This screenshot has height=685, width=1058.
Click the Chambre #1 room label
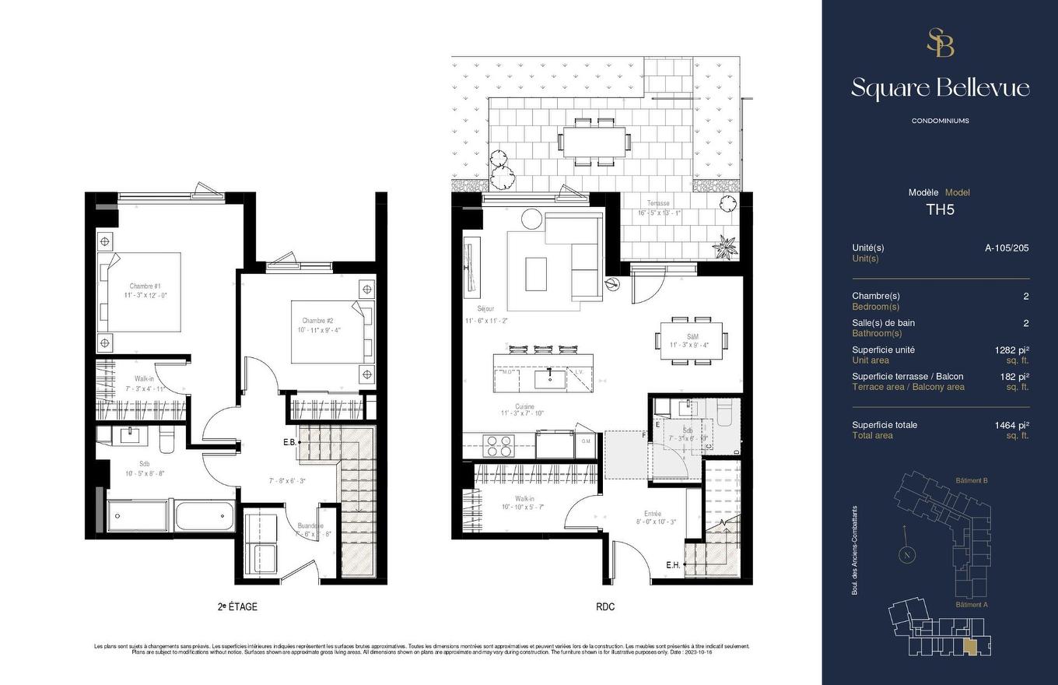click(x=145, y=286)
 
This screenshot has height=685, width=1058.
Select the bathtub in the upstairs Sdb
click(x=205, y=515)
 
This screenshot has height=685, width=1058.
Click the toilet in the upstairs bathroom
click(x=166, y=440)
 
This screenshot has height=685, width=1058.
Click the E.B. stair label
click(x=289, y=442)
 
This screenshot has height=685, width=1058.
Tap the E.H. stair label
click(x=673, y=565)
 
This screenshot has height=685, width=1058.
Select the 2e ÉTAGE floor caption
click(x=237, y=607)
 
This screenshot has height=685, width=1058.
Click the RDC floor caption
click(x=604, y=607)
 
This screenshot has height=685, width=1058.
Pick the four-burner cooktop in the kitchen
click(x=499, y=444)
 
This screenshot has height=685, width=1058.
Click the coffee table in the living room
click(x=536, y=273)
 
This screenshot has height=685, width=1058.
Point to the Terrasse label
click(x=657, y=203)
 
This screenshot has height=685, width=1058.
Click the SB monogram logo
click(x=940, y=43)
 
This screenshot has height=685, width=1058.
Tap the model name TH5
click(x=940, y=209)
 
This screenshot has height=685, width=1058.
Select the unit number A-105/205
click(x=1007, y=248)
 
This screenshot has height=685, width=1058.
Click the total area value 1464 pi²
click(x=1011, y=425)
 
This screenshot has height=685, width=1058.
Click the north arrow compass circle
click(x=906, y=555)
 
